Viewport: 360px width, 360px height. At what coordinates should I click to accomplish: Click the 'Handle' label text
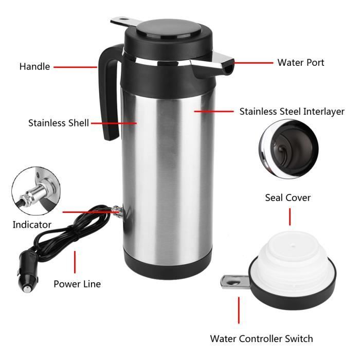coord(34,66)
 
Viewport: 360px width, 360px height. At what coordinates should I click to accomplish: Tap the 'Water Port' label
coord(301,62)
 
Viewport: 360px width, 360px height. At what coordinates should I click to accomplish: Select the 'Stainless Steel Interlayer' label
coord(292,112)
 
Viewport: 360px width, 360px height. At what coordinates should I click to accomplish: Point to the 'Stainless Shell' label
coord(59,123)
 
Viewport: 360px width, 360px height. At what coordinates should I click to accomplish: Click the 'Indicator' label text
coord(32,225)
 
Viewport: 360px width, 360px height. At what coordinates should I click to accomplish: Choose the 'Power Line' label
coord(77,284)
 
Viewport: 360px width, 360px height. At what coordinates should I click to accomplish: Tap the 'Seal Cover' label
coord(288,197)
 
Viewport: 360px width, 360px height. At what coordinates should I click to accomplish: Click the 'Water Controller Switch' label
coord(261,338)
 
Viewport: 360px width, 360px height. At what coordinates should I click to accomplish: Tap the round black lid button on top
coord(168,29)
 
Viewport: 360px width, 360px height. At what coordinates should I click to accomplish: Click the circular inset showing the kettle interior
coord(289,149)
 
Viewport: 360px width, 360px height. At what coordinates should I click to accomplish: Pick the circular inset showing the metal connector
coord(37,191)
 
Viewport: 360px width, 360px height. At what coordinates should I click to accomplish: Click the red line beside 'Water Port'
coord(254,62)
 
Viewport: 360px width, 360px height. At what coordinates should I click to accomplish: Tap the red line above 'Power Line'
coord(75,262)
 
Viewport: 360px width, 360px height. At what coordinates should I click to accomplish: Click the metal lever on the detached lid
coord(235,282)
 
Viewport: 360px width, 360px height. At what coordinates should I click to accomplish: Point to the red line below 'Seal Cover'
coord(290,217)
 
